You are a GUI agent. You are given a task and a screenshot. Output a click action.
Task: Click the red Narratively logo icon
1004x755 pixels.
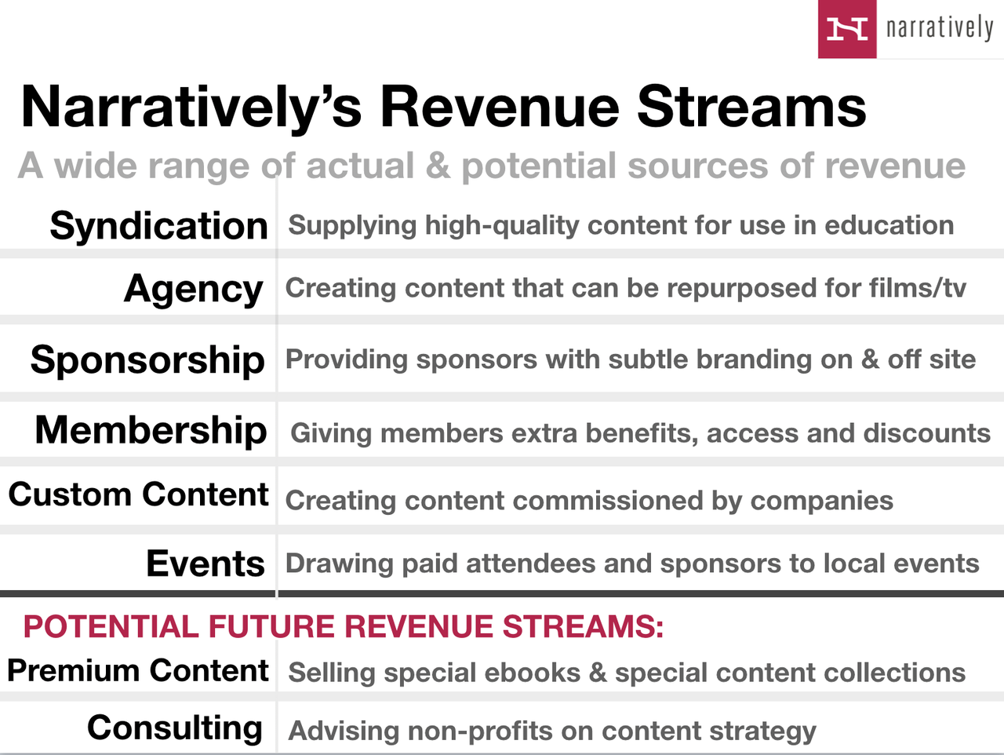[847, 29]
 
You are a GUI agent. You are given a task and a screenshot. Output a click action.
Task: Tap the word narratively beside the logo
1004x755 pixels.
[939, 29]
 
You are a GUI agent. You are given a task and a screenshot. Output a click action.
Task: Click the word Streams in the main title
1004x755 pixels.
[751, 108]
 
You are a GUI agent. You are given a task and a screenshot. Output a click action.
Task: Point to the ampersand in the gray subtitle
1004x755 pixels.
[438, 166]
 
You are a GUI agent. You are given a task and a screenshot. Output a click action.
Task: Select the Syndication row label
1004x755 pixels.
[158, 226]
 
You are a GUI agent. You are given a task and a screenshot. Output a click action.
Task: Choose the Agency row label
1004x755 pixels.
[194, 290]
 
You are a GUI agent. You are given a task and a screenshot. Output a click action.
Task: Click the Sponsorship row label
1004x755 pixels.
[147, 360]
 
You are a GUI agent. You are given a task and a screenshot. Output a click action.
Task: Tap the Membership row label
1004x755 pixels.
[151, 430]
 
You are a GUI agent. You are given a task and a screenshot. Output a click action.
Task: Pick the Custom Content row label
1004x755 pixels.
[138, 494]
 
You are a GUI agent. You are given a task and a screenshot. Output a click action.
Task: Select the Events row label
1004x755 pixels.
[206, 564]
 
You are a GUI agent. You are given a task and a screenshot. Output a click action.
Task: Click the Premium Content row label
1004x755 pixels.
[138, 671]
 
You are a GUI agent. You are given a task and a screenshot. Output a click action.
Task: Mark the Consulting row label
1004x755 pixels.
[175, 728]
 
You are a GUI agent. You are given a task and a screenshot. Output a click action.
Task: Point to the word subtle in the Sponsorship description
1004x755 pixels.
[648, 359]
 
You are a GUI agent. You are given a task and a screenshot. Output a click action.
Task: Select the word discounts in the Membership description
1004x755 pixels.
[926, 433]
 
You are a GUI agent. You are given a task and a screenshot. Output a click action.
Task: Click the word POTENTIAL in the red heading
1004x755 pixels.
[111, 627]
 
